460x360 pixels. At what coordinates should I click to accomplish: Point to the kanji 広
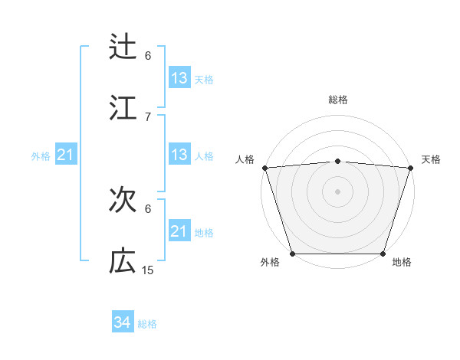point(123,261)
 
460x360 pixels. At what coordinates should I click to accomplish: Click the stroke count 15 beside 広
point(148,270)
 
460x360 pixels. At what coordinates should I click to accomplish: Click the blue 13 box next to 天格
point(179,78)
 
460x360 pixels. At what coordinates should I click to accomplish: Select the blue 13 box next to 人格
point(179,155)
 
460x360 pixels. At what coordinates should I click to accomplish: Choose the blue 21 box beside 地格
point(179,231)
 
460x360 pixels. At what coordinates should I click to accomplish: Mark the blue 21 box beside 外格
point(66,155)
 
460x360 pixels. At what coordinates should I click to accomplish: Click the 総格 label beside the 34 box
point(147,324)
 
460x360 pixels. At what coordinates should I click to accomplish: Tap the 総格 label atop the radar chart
point(337,100)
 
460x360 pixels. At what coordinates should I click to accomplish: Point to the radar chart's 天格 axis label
point(431,159)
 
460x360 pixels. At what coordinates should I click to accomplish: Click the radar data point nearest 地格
point(383,254)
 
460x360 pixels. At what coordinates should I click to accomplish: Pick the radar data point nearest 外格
point(292,254)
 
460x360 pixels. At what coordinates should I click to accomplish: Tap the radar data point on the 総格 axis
point(337,161)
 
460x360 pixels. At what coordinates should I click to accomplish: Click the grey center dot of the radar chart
point(337,191)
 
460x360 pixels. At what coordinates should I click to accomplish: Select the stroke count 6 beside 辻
point(148,55)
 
